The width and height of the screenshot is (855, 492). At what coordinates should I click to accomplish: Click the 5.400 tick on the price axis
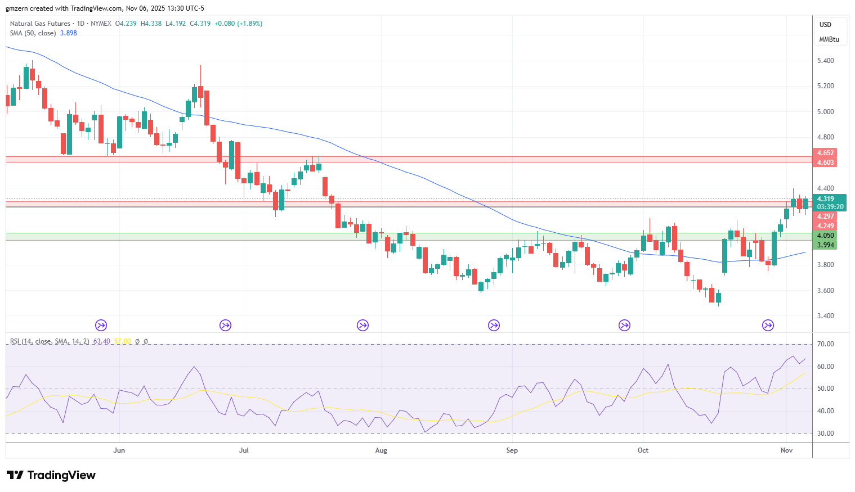click(825, 61)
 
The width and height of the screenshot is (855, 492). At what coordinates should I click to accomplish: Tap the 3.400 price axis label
click(825, 316)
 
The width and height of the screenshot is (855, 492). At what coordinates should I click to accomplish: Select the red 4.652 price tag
click(825, 153)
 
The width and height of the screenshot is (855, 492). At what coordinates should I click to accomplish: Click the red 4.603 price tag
click(825, 163)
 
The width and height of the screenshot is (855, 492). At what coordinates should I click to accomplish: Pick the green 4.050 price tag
click(825, 236)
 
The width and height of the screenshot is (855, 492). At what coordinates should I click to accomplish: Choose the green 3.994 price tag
click(825, 245)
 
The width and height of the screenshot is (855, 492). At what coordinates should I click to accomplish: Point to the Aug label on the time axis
click(381, 450)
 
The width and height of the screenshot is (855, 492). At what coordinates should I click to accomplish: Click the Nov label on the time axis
click(786, 450)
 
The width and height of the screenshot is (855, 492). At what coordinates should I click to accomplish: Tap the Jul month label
click(244, 450)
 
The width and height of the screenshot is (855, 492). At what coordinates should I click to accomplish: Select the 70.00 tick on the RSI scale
click(825, 344)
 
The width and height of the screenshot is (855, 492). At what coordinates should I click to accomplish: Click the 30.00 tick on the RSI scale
click(825, 434)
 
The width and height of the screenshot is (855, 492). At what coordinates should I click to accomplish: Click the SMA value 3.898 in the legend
click(69, 33)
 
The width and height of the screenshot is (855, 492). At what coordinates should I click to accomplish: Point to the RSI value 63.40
click(101, 341)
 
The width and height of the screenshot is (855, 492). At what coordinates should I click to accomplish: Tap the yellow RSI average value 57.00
click(122, 341)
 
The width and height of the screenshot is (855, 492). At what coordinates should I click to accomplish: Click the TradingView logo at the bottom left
click(51, 475)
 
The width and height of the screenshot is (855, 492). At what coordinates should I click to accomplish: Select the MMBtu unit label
click(829, 39)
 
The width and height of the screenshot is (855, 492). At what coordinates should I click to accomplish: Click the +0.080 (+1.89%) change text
click(238, 24)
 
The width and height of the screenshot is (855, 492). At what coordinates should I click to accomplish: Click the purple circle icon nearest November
click(768, 326)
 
